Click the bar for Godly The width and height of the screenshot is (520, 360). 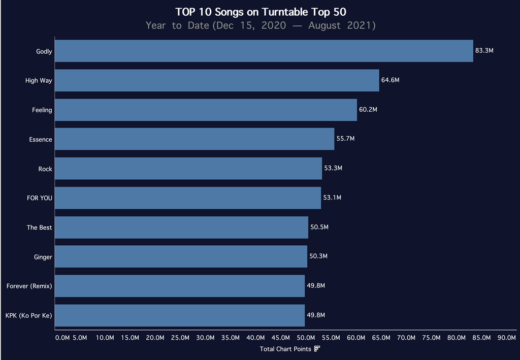click(264, 51)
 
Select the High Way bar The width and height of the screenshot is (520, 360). click(217, 81)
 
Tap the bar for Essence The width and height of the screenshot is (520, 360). click(194, 139)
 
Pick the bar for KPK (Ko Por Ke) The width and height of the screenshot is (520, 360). click(180, 315)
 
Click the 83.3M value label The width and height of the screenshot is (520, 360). click(484, 51)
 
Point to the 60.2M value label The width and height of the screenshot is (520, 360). click(368, 110)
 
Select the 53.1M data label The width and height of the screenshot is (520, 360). click(332, 198)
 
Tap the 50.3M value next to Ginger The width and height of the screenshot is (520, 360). click(318, 256)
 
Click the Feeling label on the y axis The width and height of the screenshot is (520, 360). click(42, 110)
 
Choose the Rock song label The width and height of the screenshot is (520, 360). click(45, 169)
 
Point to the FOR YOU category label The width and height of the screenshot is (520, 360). click(40, 198)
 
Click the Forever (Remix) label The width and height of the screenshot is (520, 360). click(29, 286)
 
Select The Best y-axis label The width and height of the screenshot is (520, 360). click(39, 227)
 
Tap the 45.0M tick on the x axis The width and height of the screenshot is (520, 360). click(281, 338)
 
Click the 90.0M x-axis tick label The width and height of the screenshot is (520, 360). click(507, 338)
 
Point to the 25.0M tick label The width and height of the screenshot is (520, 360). click(180, 338)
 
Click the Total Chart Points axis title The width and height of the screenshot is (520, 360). click(285, 349)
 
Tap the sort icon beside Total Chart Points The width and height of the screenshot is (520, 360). click(317, 349)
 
